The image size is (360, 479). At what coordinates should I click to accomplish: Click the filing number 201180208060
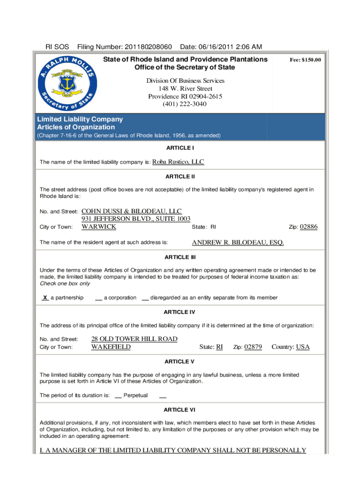(x=149, y=47)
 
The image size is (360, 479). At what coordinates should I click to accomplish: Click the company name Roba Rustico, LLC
(x=179, y=162)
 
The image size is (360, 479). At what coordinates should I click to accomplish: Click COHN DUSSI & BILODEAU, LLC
(x=132, y=211)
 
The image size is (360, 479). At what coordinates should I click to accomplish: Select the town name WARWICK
(x=99, y=227)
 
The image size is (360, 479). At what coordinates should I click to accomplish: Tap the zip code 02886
(x=309, y=227)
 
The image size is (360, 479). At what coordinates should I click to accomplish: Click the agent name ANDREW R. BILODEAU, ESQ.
(x=238, y=242)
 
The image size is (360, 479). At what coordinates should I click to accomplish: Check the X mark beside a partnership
(x=45, y=298)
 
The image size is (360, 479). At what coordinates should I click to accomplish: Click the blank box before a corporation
(x=99, y=298)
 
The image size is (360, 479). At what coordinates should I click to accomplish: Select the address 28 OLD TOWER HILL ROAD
(x=134, y=339)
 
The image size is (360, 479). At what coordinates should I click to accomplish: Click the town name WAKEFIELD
(x=111, y=347)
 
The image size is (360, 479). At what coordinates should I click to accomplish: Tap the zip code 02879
(x=253, y=347)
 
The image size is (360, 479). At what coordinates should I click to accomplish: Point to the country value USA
(x=302, y=347)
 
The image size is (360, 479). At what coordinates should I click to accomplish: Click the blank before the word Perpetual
(x=118, y=396)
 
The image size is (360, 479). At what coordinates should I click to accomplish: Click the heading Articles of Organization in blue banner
(x=76, y=127)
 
